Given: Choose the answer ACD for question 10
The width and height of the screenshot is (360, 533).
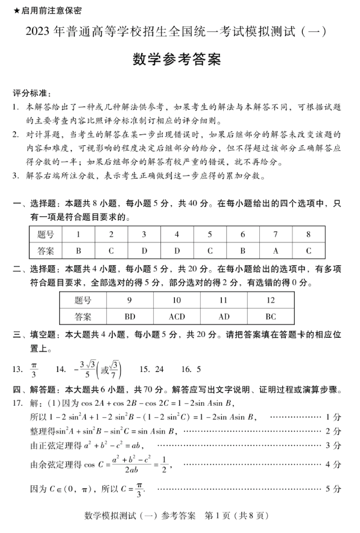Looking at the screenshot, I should click(177, 316).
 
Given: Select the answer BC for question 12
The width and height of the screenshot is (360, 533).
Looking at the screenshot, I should click(270, 316).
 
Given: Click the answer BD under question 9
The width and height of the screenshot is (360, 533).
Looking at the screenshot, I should click(130, 316).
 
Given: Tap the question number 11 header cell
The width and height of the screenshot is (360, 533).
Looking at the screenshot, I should click(224, 300).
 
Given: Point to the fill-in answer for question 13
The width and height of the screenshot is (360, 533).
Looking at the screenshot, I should click(34, 369).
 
